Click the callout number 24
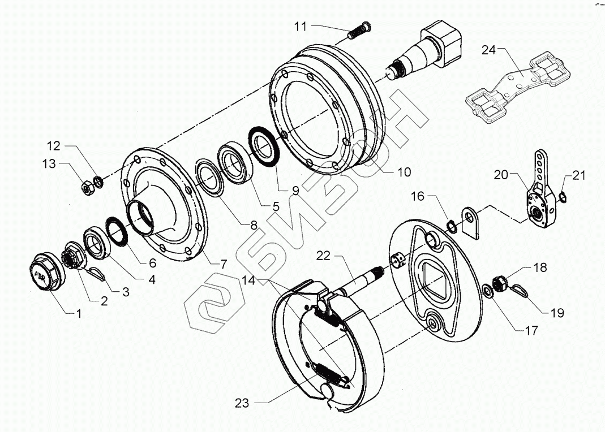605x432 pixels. click(x=488, y=50)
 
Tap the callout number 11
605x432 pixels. click(x=300, y=26)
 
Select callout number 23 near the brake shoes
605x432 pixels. click(x=242, y=403)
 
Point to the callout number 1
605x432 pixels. click(x=79, y=313)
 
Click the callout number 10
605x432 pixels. click(x=404, y=172)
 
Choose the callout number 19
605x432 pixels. click(x=557, y=313)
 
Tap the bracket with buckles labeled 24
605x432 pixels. click(x=511, y=85)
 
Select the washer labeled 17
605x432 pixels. click(x=487, y=292)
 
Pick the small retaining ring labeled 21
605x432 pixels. click(x=562, y=196)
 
